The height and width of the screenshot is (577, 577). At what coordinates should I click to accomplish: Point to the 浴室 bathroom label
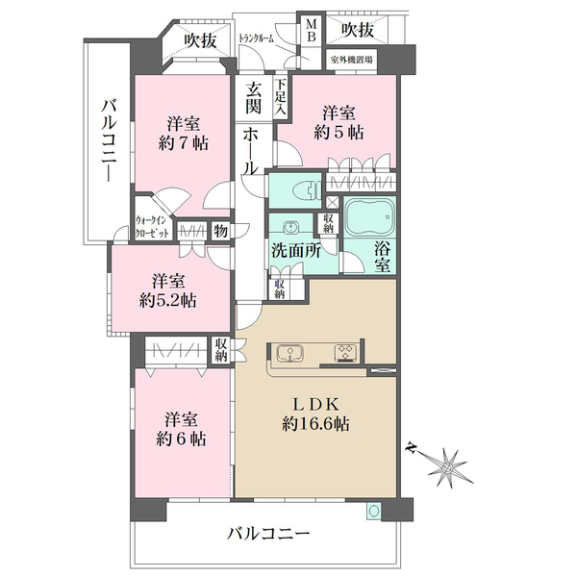pyautogui.click(x=381, y=252)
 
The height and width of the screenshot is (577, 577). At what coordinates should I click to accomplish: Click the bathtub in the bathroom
pyautogui.click(x=370, y=217)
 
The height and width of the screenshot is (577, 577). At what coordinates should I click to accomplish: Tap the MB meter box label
pyautogui.click(x=313, y=31)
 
